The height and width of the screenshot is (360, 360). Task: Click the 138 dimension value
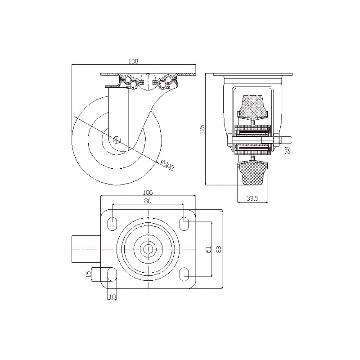point(133,61)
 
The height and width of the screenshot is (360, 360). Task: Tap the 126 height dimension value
point(202,130)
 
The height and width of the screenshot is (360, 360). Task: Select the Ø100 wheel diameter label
point(167,165)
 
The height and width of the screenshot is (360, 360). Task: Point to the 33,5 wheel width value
point(252,198)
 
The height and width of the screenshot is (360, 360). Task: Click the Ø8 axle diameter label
point(288,150)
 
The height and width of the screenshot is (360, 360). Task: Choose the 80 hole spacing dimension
point(148,201)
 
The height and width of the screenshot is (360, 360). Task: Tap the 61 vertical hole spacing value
point(209,250)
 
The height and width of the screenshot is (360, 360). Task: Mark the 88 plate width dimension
point(219,249)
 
